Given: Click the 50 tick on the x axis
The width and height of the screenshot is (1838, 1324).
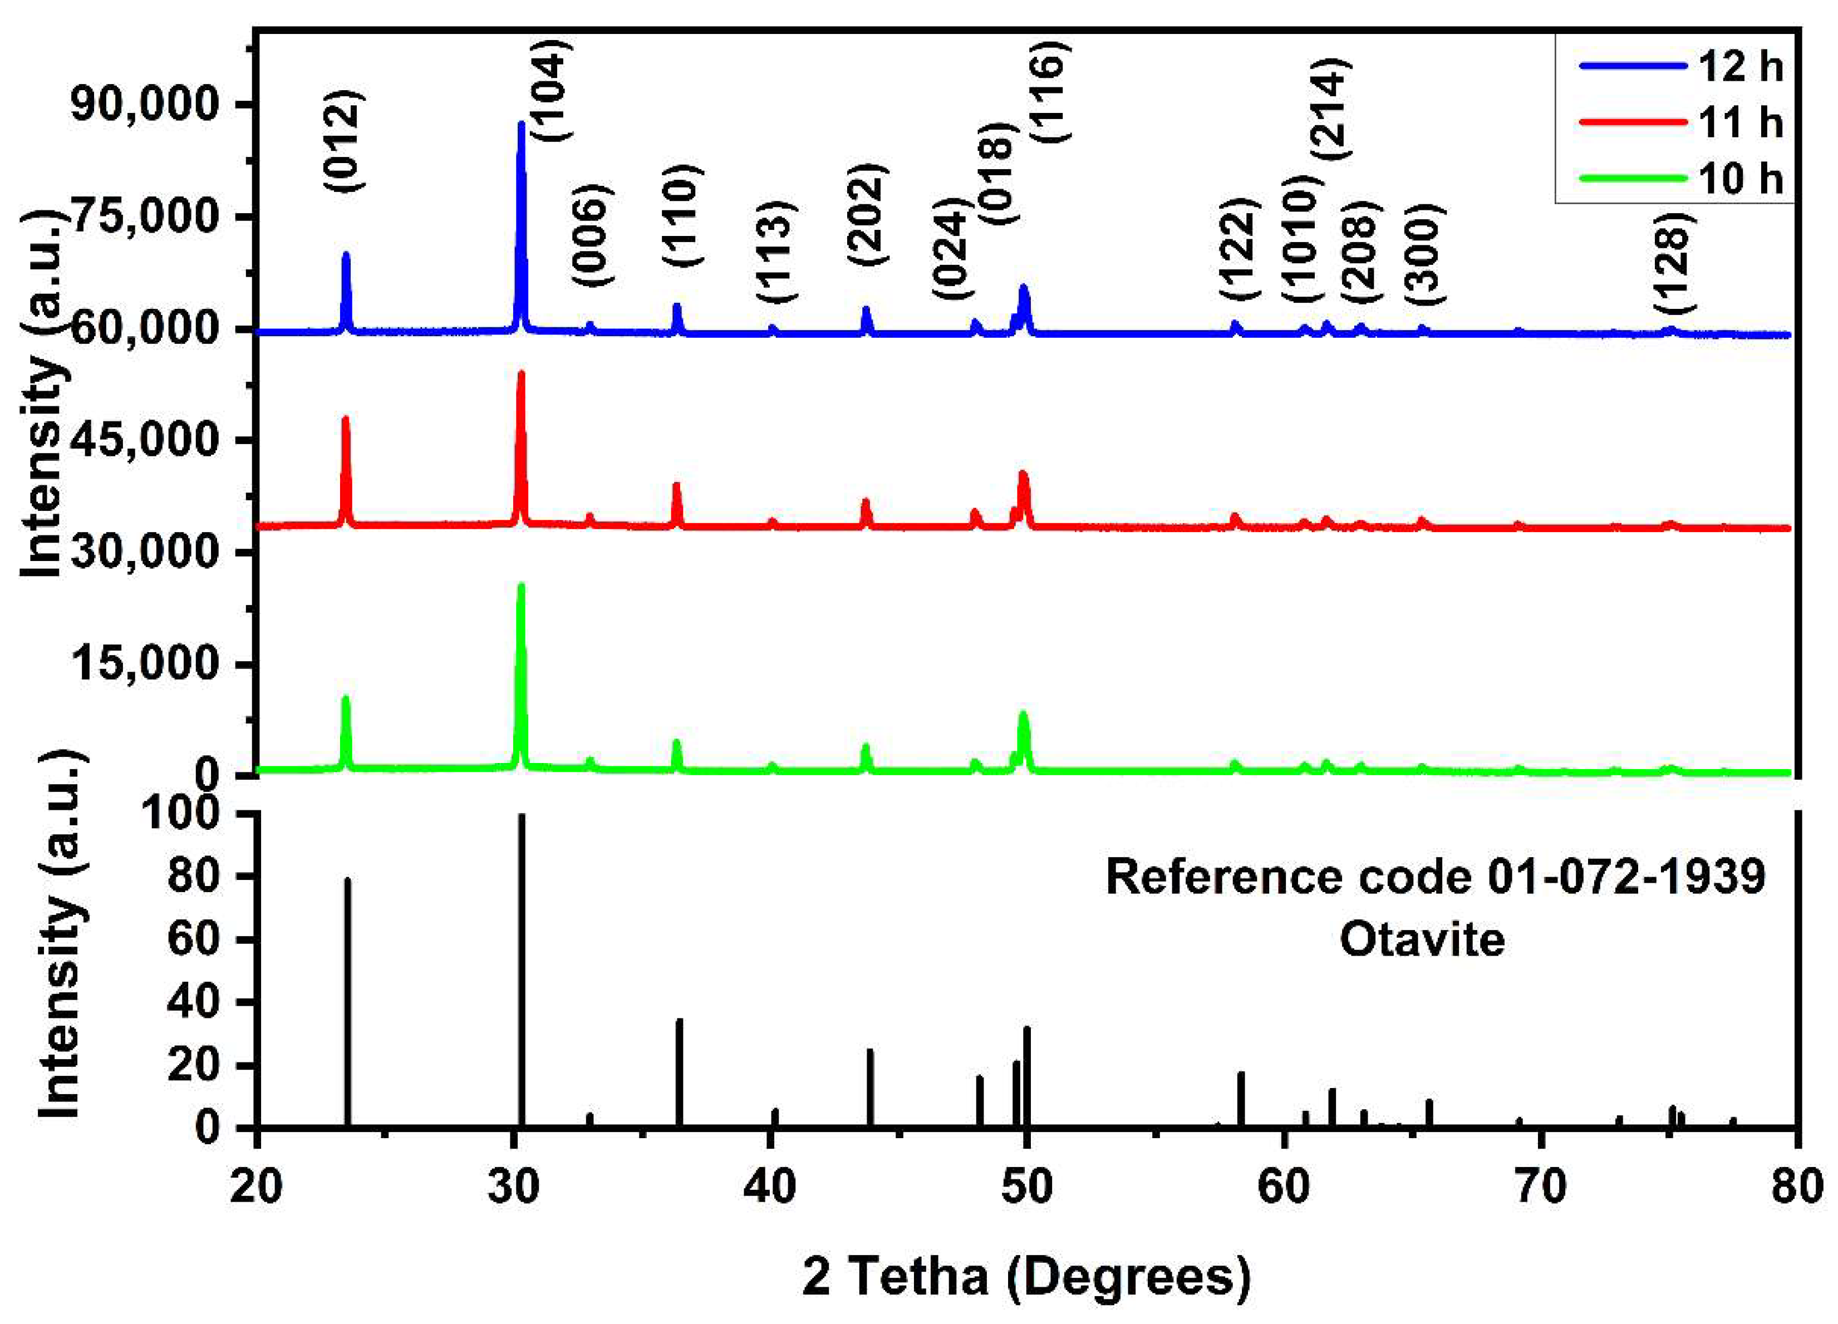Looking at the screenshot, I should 1027,1187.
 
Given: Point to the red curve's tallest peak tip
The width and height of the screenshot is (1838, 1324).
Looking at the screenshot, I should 521,373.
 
